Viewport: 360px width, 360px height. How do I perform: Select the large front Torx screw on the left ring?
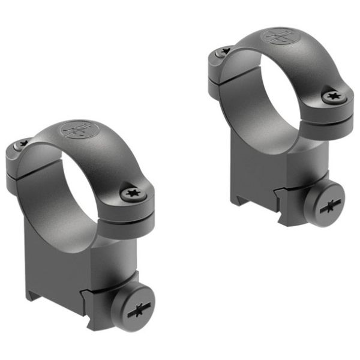click(x=131, y=193)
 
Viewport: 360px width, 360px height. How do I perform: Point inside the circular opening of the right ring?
click(x=264, y=96)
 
